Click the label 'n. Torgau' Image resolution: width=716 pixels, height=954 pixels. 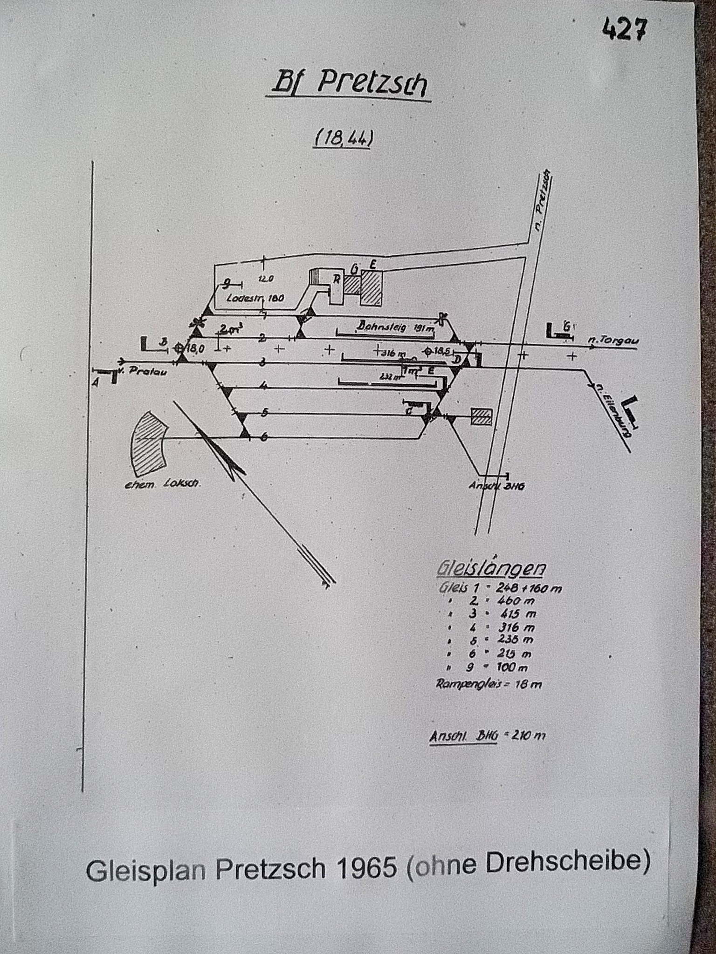tap(613, 341)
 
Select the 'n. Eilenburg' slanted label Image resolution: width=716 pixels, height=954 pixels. tap(611, 410)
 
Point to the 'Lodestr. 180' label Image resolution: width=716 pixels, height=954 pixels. tap(255, 299)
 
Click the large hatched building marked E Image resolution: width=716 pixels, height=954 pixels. tap(372, 288)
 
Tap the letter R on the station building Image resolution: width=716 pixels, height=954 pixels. tap(336, 279)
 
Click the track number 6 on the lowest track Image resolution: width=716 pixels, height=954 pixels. tap(264, 436)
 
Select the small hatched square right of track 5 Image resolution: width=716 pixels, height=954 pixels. tap(481, 416)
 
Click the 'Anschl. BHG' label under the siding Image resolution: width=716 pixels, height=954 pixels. tap(496, 485)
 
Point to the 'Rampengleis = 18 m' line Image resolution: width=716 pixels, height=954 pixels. tap(489, 684)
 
